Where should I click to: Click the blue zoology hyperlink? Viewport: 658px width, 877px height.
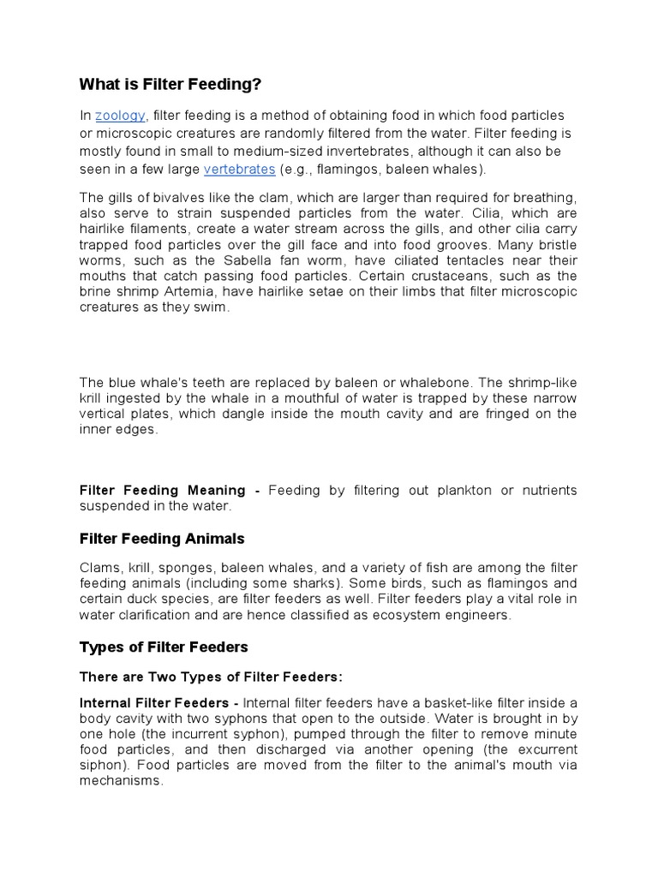click(x=121, y=116)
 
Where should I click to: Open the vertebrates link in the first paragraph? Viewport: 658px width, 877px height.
click(x=239, y=169)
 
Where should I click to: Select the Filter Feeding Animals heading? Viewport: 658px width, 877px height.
click(x=162, y=539)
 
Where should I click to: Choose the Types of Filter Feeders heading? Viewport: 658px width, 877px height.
click(x=163, y=646)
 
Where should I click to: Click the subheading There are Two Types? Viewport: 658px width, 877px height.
click(x=211, y=677)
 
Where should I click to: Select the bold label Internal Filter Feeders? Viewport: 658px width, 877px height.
click(x=158, y=703)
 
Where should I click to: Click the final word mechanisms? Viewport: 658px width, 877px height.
click(x=120, y=780)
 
